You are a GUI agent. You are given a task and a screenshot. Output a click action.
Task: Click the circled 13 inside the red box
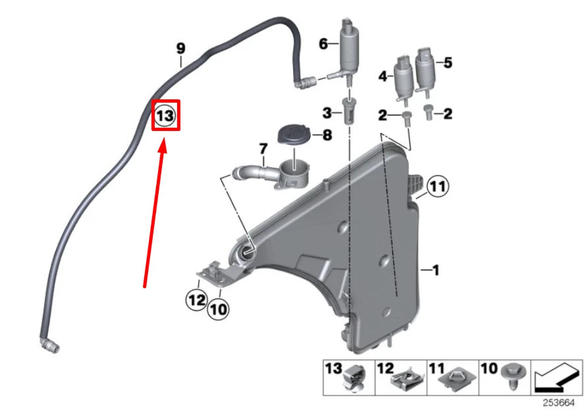[x=165, y=116]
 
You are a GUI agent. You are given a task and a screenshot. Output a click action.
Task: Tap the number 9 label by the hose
[x=181, y=48]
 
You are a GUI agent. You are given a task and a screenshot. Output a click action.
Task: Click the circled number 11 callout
[x=437, y=188]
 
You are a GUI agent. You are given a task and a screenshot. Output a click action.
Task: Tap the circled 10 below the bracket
[x=218, y=308]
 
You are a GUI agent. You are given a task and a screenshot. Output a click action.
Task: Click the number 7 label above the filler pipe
[x=263, y=148]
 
